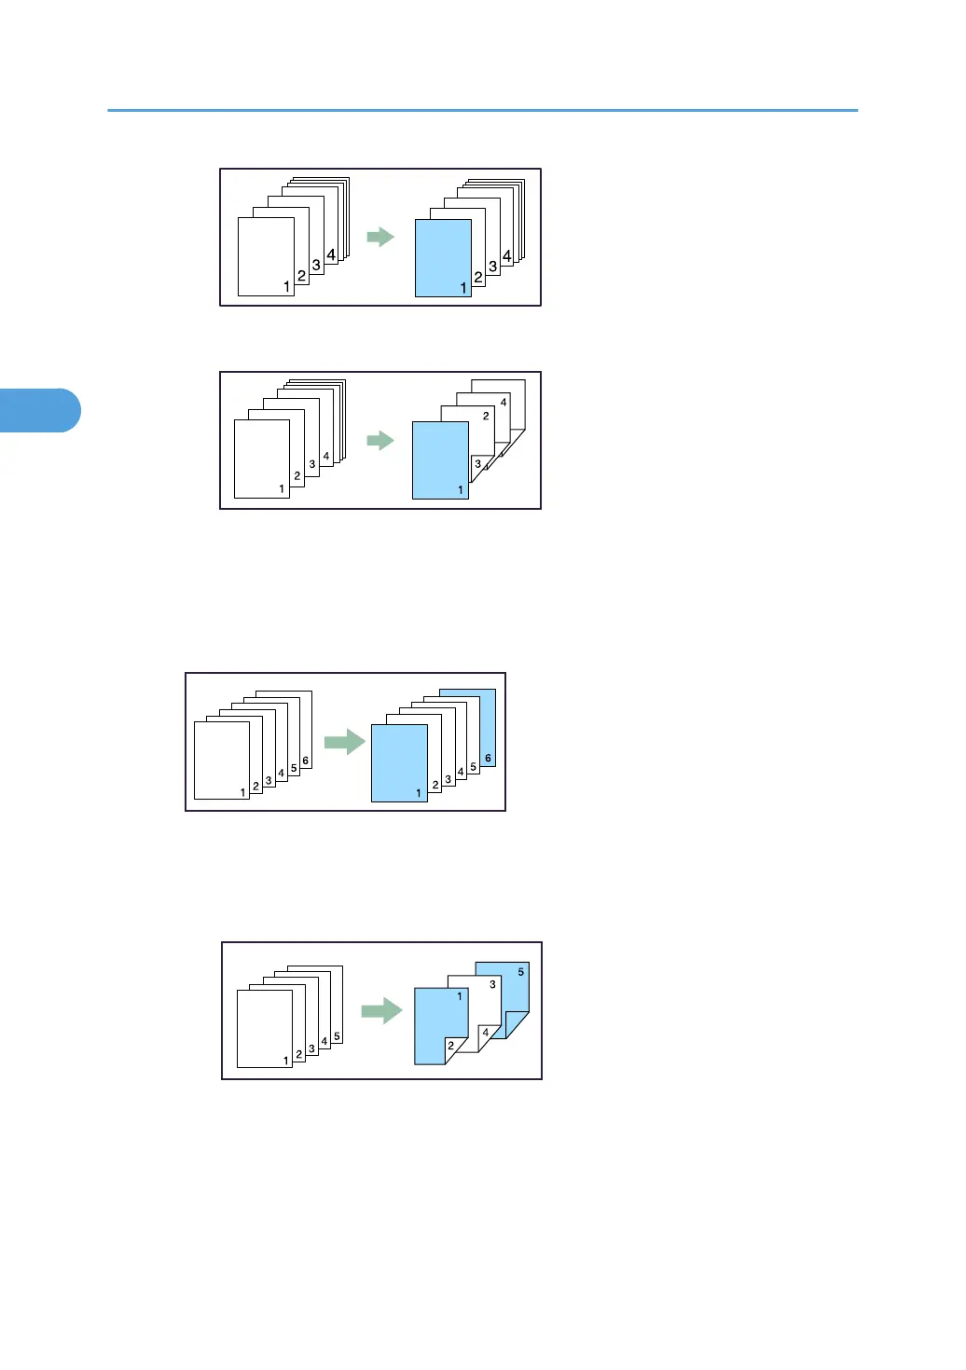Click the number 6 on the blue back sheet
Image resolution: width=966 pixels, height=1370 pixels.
[x=488, y=759]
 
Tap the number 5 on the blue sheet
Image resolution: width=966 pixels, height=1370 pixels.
[x=520, y=972]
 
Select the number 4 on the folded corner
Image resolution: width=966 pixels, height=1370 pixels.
[x=485, y=1033]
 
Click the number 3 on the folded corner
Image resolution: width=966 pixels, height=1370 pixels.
[x=478, y=464]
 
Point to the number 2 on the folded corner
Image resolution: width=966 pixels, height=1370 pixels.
[x=451, y=1046]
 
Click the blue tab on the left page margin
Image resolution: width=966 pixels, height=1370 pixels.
[x=39, y=410]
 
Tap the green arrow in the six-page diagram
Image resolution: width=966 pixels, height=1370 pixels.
[x=345, y=742]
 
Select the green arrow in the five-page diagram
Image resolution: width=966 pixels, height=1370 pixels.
[x=381, y=1010]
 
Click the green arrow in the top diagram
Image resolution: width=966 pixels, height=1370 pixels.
[x=380, y=237]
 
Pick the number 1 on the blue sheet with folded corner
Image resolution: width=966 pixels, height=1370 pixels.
[x=460, y=996]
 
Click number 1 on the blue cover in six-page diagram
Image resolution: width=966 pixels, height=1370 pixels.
[x=419, y=793]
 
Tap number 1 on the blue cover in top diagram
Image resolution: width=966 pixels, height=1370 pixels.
[x=463, y=288]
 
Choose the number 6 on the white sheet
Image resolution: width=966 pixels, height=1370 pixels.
[x=305, y=761]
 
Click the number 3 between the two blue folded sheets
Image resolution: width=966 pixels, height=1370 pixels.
[x=492, y=984]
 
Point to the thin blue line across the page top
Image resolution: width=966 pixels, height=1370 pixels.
[x=482, y=111]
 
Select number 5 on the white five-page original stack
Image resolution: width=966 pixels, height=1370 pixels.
[x=337, y=1036]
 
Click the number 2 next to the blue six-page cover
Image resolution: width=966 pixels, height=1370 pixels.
[x=435, y=786]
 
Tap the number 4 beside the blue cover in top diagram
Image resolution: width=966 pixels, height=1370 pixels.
[x=506, y=255]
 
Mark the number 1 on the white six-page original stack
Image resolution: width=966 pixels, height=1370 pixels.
[x=243, y=792]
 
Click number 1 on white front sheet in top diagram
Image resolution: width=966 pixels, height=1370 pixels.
[x=286, y=287]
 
